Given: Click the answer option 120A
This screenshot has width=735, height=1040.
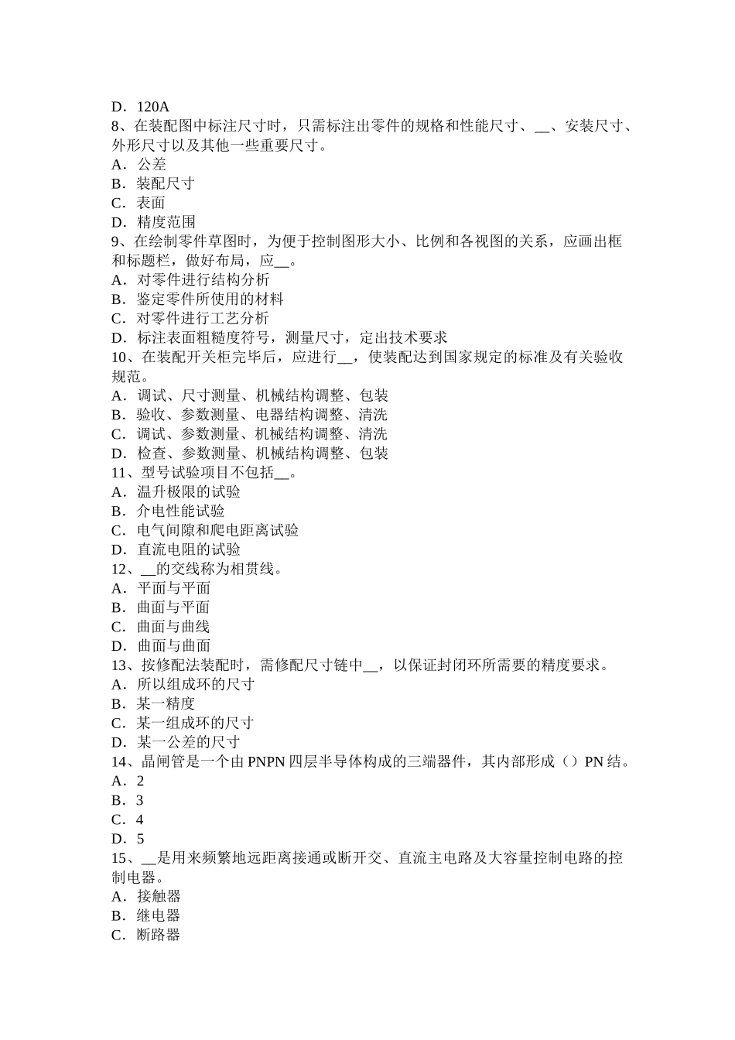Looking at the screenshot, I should pos(153,107).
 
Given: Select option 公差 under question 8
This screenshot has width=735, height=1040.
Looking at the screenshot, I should pos(152,165).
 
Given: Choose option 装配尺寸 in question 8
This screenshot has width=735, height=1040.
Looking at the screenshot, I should pos(166,184).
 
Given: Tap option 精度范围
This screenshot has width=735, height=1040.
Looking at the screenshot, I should pos(166,223).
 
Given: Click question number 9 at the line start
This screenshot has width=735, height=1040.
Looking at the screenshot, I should pos(118,241).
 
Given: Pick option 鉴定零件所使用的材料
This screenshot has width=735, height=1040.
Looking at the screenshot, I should pos(210,299).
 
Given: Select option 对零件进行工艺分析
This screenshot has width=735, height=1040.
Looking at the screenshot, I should pos(203,319).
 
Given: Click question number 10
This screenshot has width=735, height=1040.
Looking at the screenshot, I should pos(121,357).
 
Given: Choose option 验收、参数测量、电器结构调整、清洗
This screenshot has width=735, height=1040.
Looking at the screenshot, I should pos(262,415).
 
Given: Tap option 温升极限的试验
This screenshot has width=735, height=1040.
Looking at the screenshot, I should pos(189,492).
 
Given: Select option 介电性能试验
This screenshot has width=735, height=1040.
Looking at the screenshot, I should pos(181,511).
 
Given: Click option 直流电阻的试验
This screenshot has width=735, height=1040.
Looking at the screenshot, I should pos(189,550).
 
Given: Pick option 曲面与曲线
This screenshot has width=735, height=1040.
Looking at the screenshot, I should pos(173,627).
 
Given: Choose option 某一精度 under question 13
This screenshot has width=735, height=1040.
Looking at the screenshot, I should pos(166,704).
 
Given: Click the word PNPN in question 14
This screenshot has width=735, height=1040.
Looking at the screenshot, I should pos(267,762).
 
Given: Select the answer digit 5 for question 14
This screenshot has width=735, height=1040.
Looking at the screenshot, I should pos(140,839).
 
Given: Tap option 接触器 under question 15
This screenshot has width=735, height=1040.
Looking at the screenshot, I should pos(159,897).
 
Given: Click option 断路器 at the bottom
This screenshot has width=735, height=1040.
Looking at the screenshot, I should pos(159,936).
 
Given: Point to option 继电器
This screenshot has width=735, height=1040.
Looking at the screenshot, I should pos(159,916).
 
